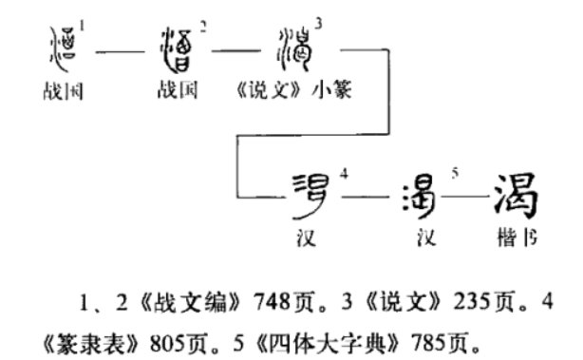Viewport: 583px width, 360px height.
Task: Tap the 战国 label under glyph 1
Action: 61,93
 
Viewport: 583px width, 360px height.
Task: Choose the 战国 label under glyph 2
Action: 179,93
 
